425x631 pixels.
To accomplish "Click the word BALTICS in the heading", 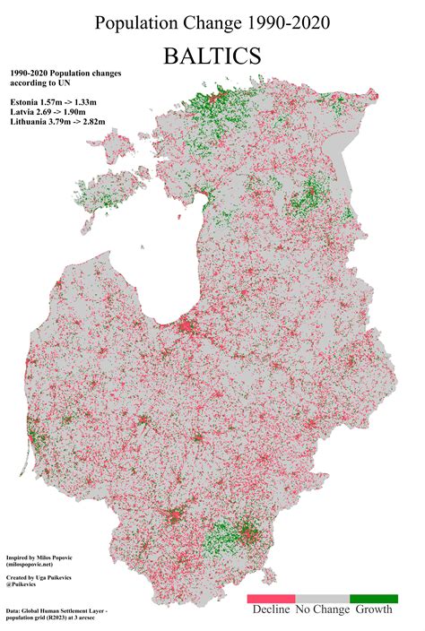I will click(212, 56).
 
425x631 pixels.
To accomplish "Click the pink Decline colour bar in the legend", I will click(271, 597).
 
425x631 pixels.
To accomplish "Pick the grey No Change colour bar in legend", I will click(322, 597).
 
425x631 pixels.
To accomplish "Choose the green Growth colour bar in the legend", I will click(373, 597).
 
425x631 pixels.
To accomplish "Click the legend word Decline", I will click(271, 610).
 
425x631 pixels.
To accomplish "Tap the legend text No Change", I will click(322, 610).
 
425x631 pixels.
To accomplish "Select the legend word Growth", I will click(374, 610).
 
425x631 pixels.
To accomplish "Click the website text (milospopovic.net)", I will click(41, 566).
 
